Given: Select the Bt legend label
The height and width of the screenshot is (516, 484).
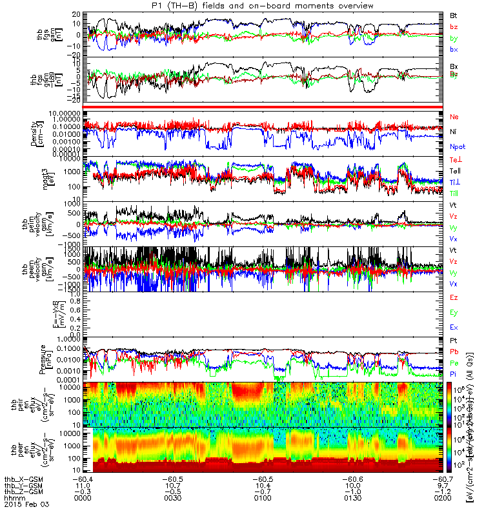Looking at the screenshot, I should [454, 14].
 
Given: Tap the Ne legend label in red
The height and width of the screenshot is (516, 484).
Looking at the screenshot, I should [454, 117].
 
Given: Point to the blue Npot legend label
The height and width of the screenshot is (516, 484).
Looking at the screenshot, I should [458, 147].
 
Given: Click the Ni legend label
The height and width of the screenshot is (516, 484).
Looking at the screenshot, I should [454, 132].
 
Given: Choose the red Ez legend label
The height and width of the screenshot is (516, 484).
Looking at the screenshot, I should [454, 297].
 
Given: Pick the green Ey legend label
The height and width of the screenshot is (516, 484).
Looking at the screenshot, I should [454, 312].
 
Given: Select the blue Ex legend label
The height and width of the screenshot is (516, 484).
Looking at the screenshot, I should [454, 328].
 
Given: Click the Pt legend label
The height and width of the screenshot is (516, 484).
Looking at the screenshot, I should [454, 340].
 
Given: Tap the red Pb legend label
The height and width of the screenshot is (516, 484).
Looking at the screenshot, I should [454, 352].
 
